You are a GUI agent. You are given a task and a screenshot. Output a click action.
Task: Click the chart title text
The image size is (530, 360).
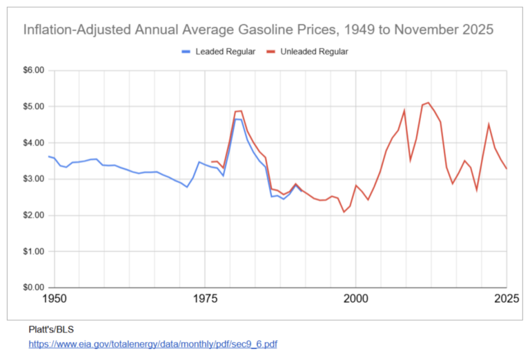[259, 30]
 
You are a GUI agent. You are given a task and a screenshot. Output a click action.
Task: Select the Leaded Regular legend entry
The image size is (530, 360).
[219, 52]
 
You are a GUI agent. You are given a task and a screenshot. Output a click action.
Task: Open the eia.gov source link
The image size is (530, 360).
[153, 343]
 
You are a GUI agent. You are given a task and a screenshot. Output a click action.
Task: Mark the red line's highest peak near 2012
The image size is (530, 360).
[429, 103]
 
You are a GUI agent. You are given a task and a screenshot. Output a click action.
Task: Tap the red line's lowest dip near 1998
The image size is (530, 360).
[344, 212]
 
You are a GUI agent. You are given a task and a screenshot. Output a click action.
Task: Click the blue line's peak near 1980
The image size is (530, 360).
[236, 119]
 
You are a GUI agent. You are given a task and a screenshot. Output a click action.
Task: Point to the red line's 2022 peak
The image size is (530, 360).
[489, 124]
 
